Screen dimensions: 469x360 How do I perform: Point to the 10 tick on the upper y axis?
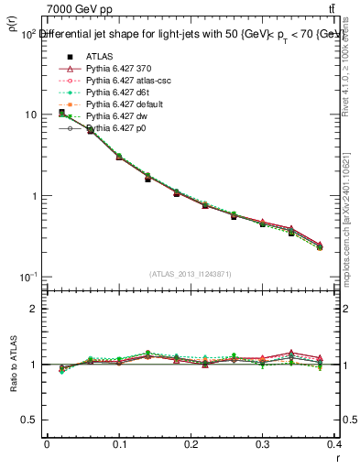coord(29,115)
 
